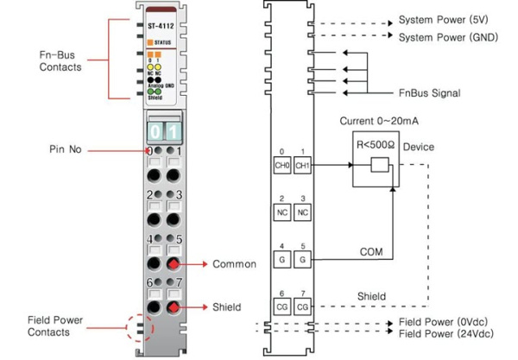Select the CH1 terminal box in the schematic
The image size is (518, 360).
tap(302, 165)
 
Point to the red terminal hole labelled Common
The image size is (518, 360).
tap(174, 263)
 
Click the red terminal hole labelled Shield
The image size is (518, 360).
tap(174, 306)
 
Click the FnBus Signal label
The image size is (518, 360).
tap(428, 92)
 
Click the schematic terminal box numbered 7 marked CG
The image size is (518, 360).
tap(302, 306)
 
